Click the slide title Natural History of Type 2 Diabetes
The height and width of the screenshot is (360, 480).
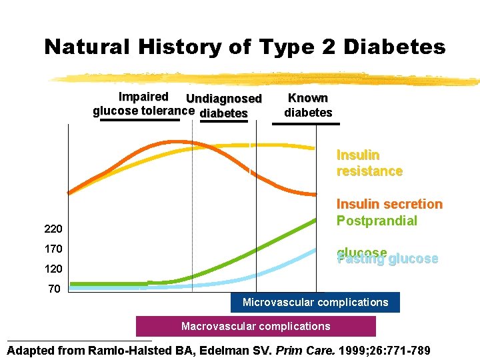tap(244, 47)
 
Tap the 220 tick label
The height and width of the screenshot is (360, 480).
tap(53, 229)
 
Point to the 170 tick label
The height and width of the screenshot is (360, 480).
tap(53, 249)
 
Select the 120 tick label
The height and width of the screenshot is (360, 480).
tap(53, 269)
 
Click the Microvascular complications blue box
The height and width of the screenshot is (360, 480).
tap(315, 303)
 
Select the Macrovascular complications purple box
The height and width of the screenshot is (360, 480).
tap(256, 326)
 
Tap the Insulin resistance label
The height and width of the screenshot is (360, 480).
tap(369, 163)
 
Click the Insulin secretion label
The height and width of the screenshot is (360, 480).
tap(389, 204)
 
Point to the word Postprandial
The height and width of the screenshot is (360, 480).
tap(377, 221)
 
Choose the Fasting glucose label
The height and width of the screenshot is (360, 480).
tap(387, 259)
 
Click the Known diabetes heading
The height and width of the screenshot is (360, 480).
tap(307, 105)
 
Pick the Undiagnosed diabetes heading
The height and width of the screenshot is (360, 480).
tap(224, 106)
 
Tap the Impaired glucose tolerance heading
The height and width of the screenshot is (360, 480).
tap(143, 104)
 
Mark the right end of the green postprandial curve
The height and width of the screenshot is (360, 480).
tap(315, 219)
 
